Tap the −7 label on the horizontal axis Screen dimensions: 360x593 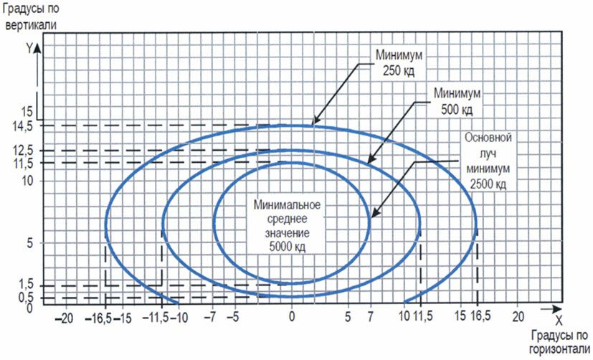point(211,316)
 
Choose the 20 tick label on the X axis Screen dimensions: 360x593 point(518,316)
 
